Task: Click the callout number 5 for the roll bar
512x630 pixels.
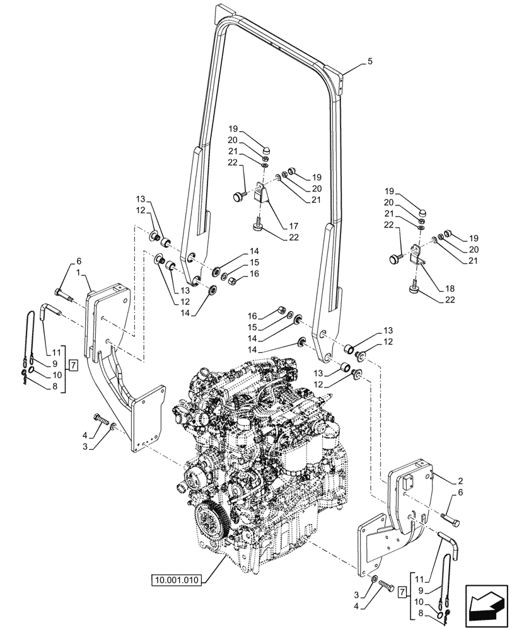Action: click(370, 62)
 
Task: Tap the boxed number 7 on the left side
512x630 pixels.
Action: click(73, 365)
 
